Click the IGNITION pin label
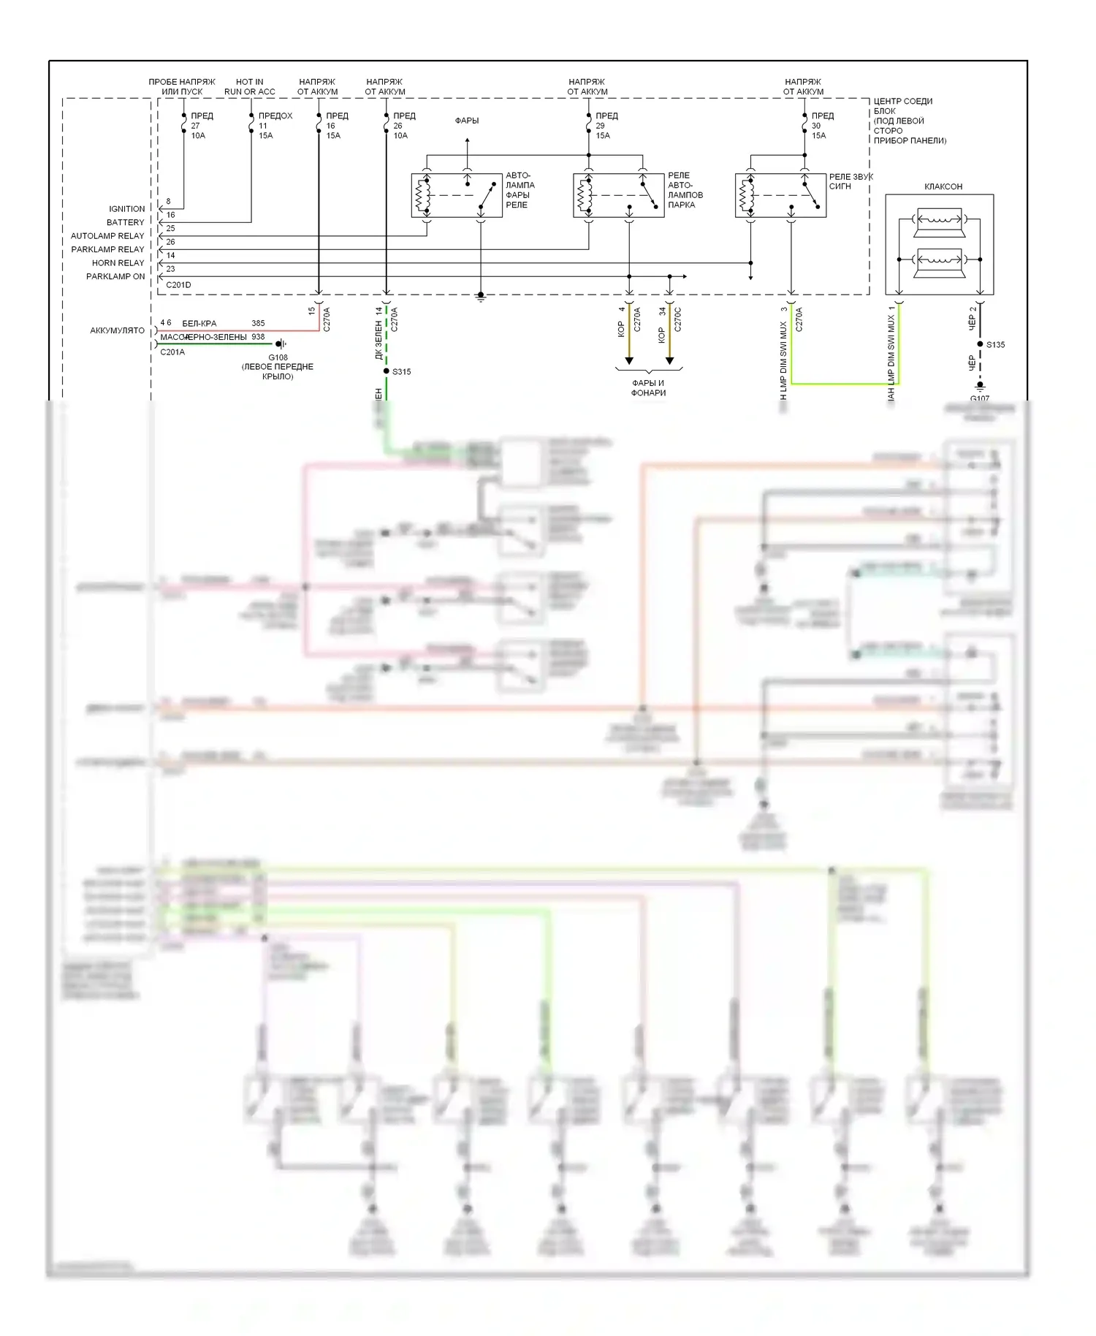(x=126, y=209)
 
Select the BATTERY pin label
(x=125, y=222)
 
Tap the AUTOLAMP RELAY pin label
(x=107, y=236)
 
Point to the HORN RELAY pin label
(x=118, y=263)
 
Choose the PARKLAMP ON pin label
(x=115, y=276)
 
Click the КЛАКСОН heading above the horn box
(x=943, y=186)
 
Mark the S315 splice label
(x=401, y=372)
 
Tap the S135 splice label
(x=995, y=345)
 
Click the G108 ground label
(x=278, y=358)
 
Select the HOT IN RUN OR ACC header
(x=250, y=87)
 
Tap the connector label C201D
(x=178, y=285)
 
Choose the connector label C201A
(x=172, y=352)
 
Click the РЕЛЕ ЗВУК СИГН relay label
(x=850, y=181)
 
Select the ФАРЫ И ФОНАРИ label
(x=648, y=388)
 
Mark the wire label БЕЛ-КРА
(x=199, y=323)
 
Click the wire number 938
(x=258, y=337)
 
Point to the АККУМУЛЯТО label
(x=117, y=330)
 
